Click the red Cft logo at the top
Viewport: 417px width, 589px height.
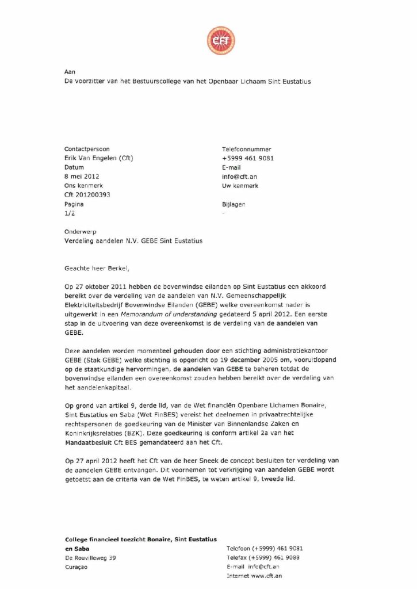pyautogui.click(x=221, y=40)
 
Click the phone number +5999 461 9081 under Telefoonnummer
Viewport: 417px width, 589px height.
pyautogui.click(x=247, y=158)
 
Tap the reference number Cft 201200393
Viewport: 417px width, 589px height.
pyautogui.click(x=87, y=195)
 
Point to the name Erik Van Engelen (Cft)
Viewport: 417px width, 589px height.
pyautogui.click(x=100, y=158)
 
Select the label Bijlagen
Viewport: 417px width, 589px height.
pyautogui.click(x=234, y=204)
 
